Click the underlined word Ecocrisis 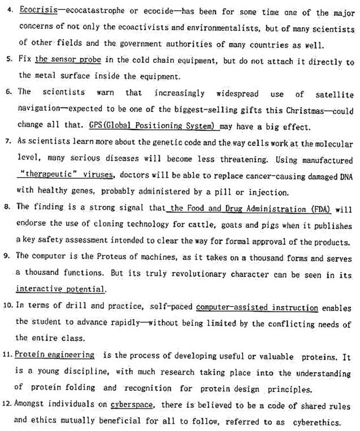34,12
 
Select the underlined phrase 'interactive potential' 60,290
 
